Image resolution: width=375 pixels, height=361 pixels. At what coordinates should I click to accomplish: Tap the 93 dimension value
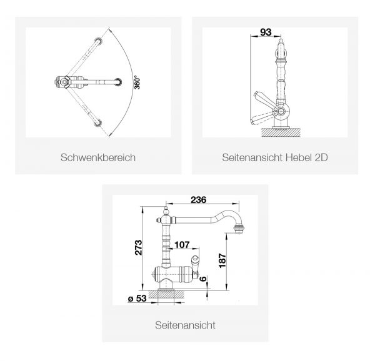266,32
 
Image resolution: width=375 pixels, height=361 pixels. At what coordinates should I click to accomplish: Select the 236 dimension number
199,200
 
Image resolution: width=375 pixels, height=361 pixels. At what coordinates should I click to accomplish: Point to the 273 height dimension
139,247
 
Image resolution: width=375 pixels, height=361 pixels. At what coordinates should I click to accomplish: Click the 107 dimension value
182,245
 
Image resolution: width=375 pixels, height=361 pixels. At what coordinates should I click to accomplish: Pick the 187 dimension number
222,260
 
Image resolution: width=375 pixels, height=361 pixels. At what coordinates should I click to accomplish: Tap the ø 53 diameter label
137,298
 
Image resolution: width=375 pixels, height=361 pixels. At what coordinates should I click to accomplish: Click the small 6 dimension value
202,279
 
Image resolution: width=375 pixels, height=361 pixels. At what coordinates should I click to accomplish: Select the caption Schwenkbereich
98,157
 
